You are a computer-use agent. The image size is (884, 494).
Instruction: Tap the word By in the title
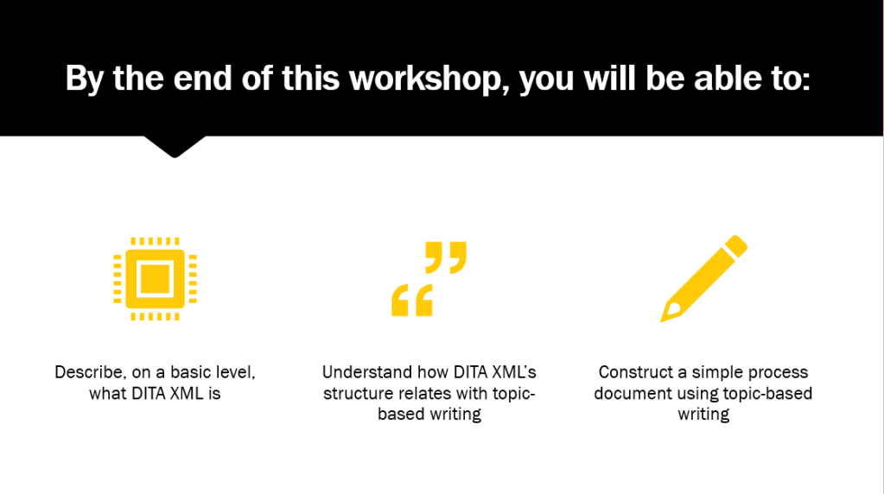(x=84, y=79)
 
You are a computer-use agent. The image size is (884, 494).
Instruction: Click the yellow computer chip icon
(x=155, y=279)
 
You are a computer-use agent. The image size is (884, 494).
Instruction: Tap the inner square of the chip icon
(x=155, y=279)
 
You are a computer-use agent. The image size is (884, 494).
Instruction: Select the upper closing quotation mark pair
(x=446, y=257)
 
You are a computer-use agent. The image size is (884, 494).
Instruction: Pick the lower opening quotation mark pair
(x=412, y=301)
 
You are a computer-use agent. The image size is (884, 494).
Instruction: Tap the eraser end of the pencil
(x=736, y=246)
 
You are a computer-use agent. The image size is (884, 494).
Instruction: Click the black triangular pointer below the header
(x=175, y=147)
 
